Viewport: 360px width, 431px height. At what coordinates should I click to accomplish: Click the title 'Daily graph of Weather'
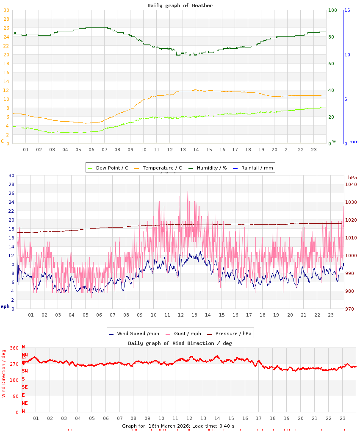tap(180, 6)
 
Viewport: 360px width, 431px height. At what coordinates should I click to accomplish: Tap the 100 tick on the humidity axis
tap(332, 10)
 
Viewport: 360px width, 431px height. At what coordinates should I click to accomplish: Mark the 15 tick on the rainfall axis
tap(347, 10)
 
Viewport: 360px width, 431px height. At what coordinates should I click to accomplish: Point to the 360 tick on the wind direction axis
tap(14, 348)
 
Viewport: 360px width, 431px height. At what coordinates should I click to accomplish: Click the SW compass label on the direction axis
tap(25, 371)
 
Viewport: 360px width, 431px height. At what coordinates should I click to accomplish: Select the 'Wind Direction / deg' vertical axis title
tap(4, 373)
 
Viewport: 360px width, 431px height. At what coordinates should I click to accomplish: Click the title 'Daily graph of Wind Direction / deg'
tap(180, 343)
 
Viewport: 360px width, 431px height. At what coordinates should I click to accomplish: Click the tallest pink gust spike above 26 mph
tap(188, 192)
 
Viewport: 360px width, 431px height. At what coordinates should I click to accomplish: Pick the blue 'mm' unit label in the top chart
tap(354, 142)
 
